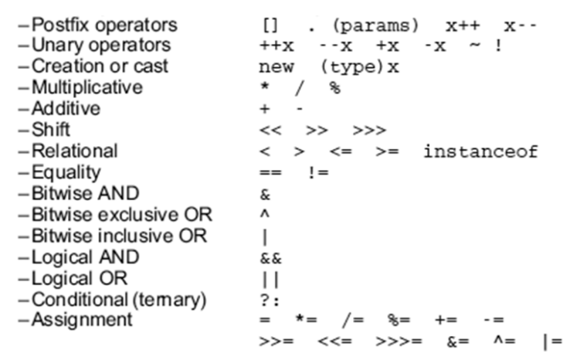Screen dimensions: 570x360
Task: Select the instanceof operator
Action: click(480, 151)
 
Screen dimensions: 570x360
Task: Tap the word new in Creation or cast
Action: click(277, 67)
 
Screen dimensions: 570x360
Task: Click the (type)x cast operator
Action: click(360, 67)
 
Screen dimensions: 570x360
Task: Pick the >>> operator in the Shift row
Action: click(369, 130)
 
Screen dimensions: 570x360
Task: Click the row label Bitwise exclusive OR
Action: click(122, 214)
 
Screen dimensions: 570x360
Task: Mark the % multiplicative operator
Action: click(334, 88)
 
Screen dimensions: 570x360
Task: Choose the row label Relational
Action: click(75, 151)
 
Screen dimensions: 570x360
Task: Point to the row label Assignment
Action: click(82, 319)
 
